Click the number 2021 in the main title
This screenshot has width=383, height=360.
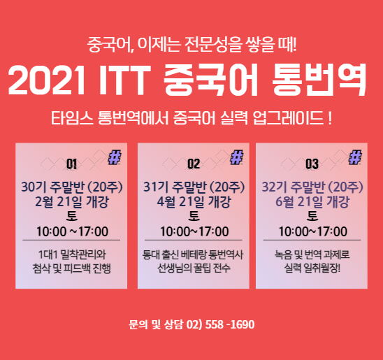46,80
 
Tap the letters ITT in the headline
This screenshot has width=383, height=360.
124,80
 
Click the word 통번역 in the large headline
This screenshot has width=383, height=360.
319,80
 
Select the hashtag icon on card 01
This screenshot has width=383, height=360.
115,157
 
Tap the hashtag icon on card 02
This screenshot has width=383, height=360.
237,157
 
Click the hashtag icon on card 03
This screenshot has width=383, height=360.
355,157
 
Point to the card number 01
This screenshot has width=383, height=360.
71,164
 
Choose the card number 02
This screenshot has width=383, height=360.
194,164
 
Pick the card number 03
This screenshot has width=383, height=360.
312,164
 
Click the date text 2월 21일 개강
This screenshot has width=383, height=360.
72,202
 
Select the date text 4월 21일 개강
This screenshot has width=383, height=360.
194,202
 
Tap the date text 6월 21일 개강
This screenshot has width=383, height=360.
312,202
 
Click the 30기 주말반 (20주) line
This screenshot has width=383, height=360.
72,187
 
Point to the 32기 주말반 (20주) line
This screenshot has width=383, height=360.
312,187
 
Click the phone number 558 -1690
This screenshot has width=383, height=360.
230,324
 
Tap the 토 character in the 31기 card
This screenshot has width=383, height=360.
194,216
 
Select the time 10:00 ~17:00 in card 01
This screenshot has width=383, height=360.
72,231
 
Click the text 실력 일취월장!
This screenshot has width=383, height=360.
312,268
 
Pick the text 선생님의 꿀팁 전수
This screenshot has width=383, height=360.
194,268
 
